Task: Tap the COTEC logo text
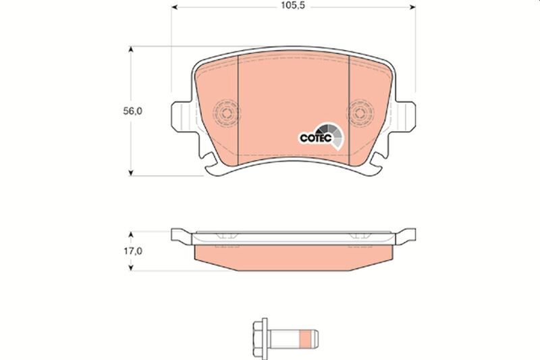314,136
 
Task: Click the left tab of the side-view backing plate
180,236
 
